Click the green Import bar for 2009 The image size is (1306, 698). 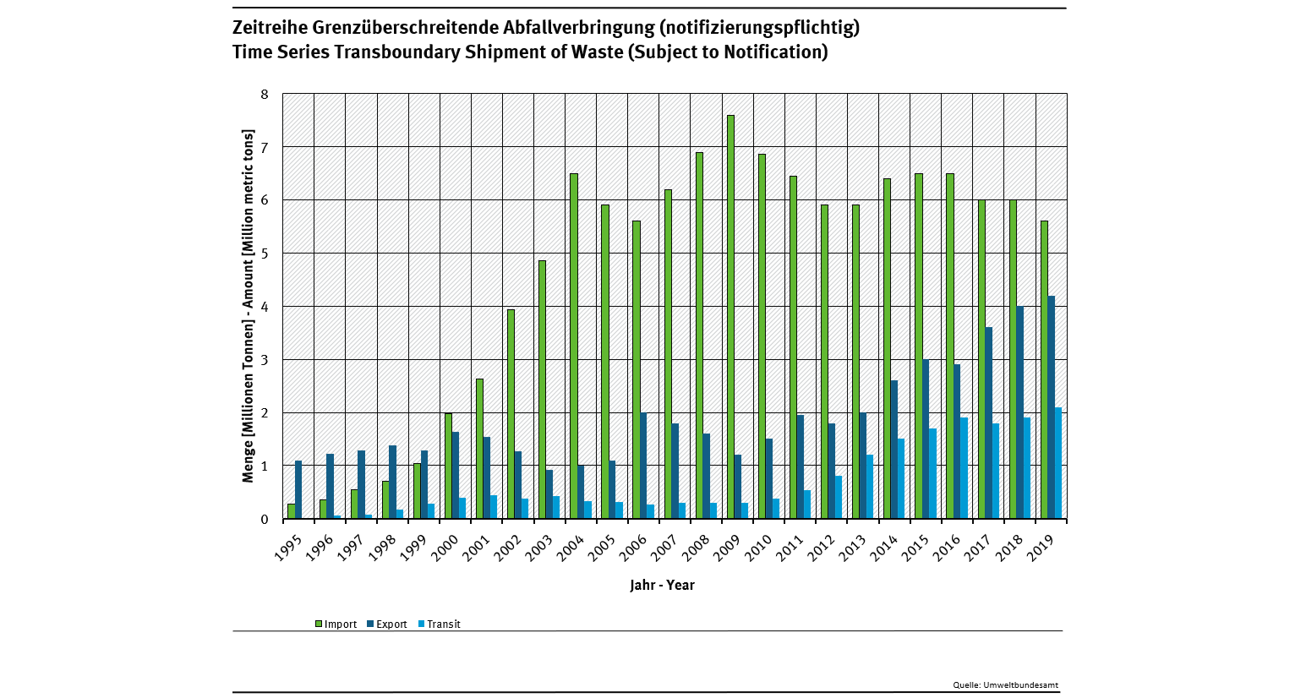(x=730, y=317)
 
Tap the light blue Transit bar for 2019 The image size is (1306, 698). (x=1058, y=463)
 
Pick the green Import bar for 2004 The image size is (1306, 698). (x=574, y=346)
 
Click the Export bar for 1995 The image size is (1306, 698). (x=298, y=489)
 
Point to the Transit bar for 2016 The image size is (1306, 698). (x=964, y=468)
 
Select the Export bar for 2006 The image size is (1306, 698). (x=643, y=466)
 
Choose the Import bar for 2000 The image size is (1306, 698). (x=448, y=466)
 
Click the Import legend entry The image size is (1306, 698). (x=336, y=624)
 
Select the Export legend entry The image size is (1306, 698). (x=387, y=624)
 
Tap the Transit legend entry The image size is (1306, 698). (x=439, y=624)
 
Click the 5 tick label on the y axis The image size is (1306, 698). (x=265, y=254)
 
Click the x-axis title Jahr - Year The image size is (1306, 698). (x=662, y=585)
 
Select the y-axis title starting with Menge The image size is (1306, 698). (x=249, y=306)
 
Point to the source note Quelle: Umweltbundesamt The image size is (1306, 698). (x=1005, y=685)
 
